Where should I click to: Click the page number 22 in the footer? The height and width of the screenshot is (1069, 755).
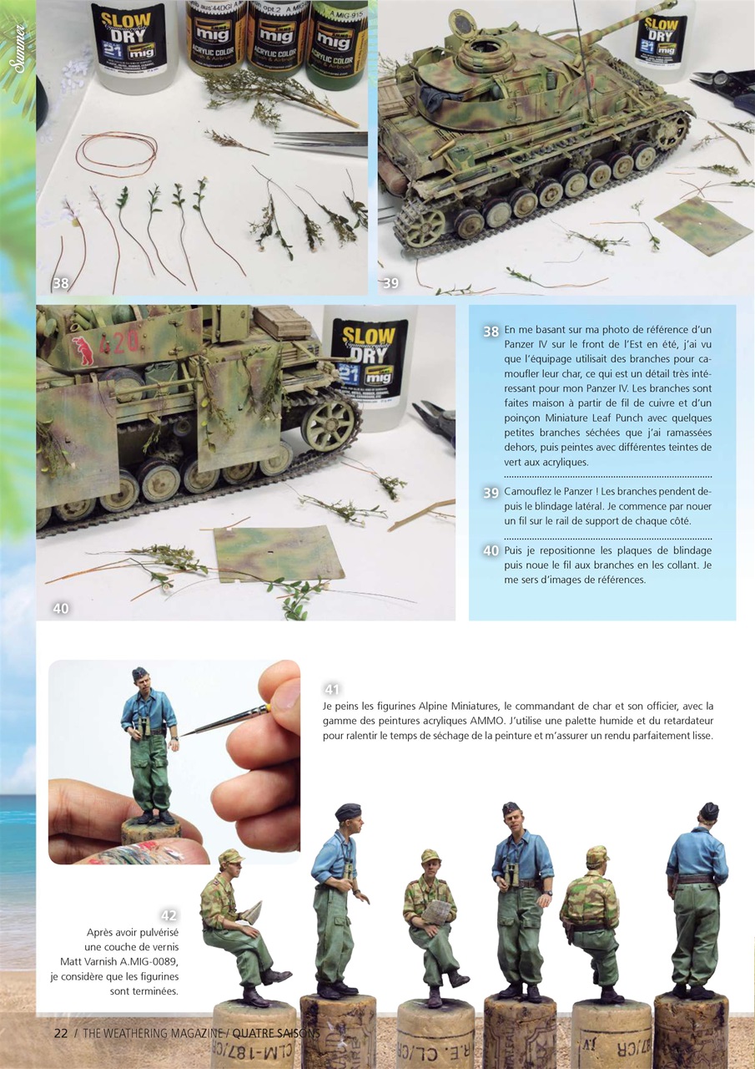[x=61, y=1032]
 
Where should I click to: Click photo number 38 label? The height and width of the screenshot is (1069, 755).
[x=60, y=283]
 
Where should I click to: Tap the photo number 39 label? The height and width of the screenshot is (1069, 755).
[x=390, y=283]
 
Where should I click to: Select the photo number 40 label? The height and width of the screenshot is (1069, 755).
[x=60, y=608]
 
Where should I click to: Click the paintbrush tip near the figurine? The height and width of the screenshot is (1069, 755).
[x=185, y=732]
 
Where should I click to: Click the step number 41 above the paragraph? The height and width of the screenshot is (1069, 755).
[x=331, y=689]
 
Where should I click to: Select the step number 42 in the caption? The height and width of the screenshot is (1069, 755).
[x=169, y=915]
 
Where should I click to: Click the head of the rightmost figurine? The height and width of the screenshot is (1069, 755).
[x=707, y=814]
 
